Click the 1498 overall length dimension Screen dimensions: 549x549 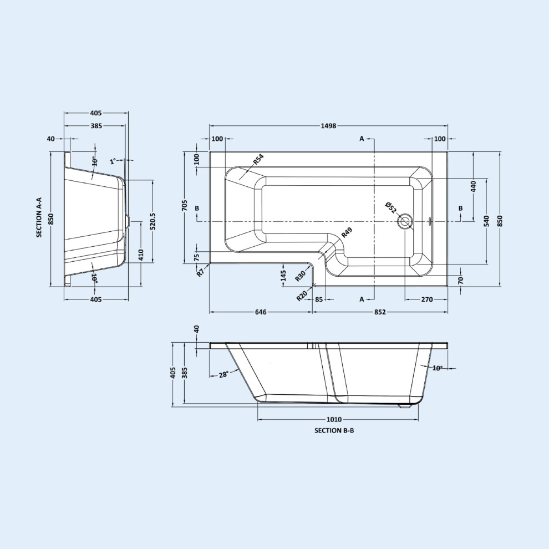[x=328, y=126]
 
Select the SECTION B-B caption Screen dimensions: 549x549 [x=334, y=430]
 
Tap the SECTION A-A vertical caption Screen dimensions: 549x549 [x=39, y=217]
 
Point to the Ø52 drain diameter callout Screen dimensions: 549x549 [x=391, y=207]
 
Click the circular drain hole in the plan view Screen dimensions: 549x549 [x=405, y=221]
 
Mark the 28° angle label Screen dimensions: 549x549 [x=223, y=374]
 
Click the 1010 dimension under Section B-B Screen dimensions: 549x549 [x=334, y=419]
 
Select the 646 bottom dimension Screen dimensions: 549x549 [x=261, y=312]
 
